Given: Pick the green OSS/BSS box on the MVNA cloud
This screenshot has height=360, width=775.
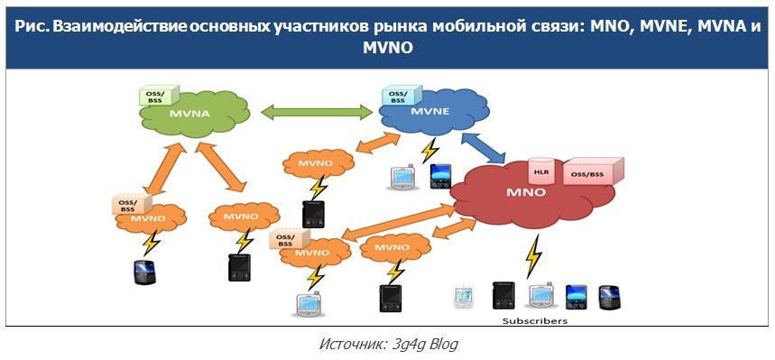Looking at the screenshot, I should [x=154, y=95].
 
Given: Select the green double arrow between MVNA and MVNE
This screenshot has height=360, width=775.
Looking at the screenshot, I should [x=317, y=113].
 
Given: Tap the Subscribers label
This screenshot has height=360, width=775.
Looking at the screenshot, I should [x=535, y=320].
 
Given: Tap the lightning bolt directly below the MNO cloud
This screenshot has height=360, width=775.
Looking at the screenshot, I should [x=535, y=256].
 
